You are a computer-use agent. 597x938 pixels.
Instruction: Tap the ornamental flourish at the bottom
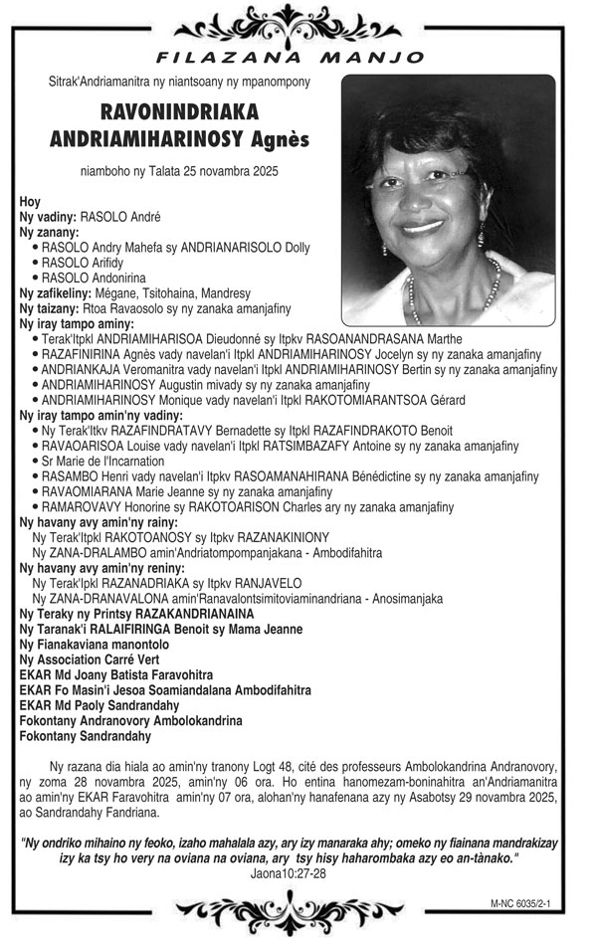[298, 909]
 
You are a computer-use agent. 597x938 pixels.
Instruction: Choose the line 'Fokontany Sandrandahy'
[86, 736]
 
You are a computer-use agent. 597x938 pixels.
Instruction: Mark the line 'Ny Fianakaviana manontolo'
[95, 644]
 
